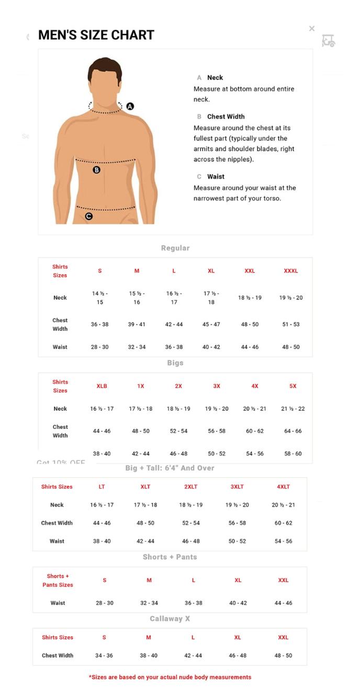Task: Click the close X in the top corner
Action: coord(312,29)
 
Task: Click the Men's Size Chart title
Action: coord(96,35)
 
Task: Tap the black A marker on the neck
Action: coord(130,106)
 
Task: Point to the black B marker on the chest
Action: coord(96,169)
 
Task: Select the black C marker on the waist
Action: coord(88,216)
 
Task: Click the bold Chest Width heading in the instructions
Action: coord(226,117)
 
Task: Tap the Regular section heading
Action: coord(175,248)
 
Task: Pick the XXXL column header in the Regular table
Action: coord(290,271)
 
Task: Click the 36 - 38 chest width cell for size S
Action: coord(99,324)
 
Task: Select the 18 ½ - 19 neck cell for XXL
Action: coord(250,298)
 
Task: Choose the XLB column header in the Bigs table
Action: coord(102,386)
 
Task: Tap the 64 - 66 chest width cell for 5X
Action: coord(293,431)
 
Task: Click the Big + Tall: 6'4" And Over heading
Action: coord(170,468)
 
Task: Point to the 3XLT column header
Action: coord(237,486)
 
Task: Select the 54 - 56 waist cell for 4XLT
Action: coord(283,541)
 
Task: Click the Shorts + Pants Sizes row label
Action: coord(58,580)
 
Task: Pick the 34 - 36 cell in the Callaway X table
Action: coord(104,655)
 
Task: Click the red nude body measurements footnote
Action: coord(170,677)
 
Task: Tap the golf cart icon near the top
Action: coord(328,41)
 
